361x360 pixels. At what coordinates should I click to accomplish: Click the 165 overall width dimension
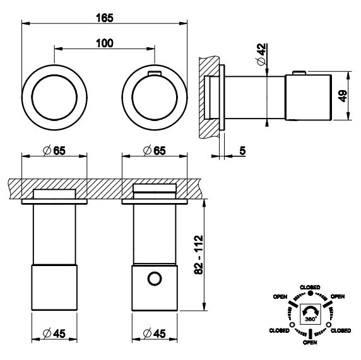coord(105,18)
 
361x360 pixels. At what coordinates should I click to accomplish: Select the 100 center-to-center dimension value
coord(105,44)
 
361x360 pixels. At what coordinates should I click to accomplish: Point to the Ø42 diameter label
coord(261,54)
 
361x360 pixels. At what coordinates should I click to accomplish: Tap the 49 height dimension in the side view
coord(343,96)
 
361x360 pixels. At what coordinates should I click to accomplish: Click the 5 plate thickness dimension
coord(242,151)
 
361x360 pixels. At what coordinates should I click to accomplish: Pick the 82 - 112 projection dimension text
coord(199,255)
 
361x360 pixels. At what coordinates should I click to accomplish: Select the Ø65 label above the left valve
coord(54,151)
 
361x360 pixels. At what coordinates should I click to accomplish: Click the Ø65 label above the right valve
coord(154,151)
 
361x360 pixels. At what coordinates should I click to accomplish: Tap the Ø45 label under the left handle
coord(54,334)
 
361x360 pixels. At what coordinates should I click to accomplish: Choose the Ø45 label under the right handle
coord(154,334)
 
